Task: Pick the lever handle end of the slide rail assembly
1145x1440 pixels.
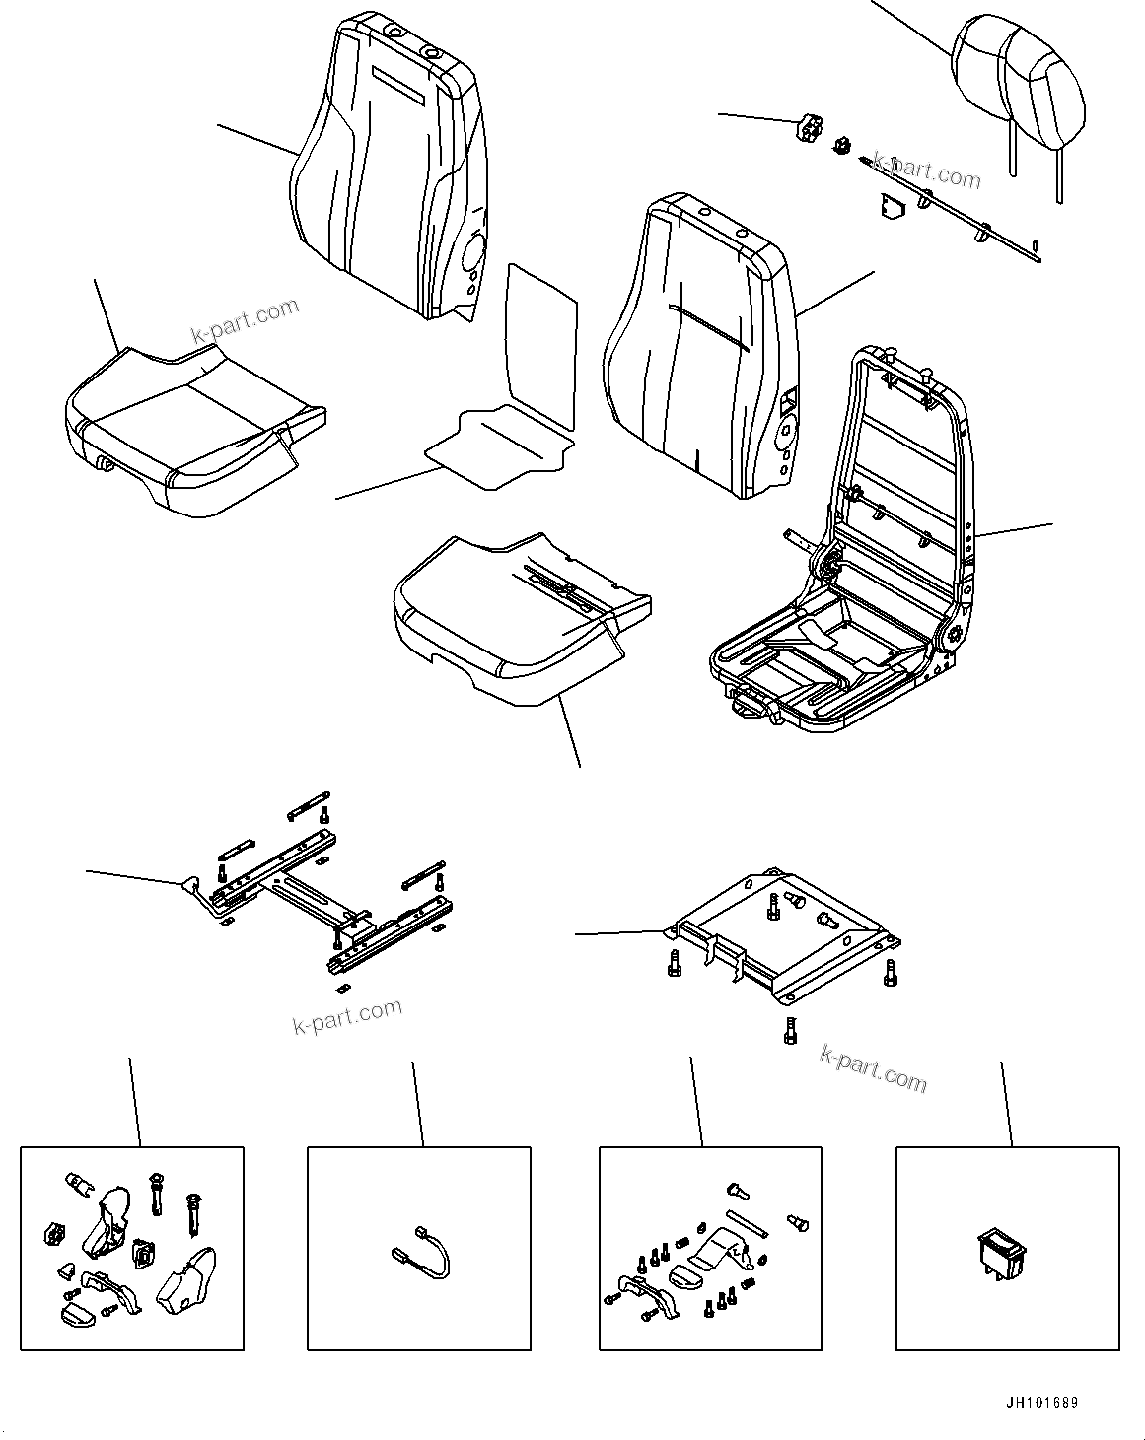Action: (x=190, y=885)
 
